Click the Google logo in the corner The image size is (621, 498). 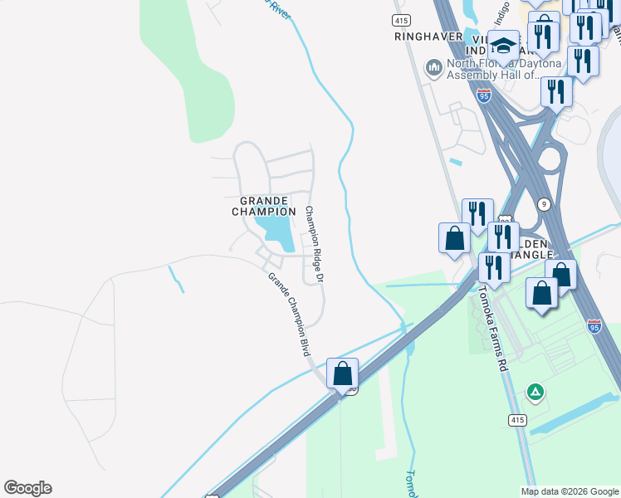pyautogui.click(x=27, y=488)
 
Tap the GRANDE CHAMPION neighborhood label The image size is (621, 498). pyautogui.click(x=263, y=206)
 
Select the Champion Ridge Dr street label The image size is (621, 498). pyautogui.click(x=313, y=247)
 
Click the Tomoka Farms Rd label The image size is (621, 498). pyautogui.click(x=492, y=327)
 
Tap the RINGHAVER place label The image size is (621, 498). pyautogui.click(x=428, y=37)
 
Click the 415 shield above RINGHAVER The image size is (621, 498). pyautogui.click(x=402, y=19)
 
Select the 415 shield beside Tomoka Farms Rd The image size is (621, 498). pyautogui.click(x=516, y=421)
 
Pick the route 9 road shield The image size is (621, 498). pyautogui.click(x=542, y=203)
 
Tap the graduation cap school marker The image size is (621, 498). pyautogui.click(x=503, y=46)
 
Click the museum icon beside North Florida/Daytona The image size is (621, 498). pyautogui.click(x=433, y=66)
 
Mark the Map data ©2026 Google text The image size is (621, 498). pyautogui.click(x=569, y=491)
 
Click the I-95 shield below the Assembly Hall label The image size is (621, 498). pyautogui.click(x=484, y=96)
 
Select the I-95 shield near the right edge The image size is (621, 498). pyautogui.click(x=594, y=326)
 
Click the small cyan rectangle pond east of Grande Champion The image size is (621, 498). pyautogui.click(x=454, y=162)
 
